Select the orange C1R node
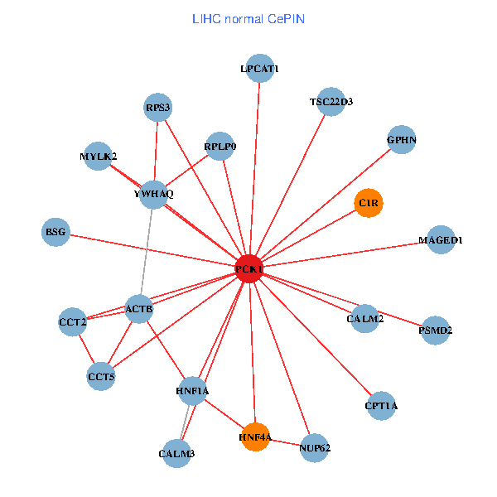tap(369, 202)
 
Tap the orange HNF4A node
tap(255, 437)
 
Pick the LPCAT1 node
tap(260, 70)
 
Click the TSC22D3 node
tap(331, 102)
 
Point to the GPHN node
tap(401, 140)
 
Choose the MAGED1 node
tap(441, 240)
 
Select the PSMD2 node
tap(436, 331)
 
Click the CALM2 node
tap(364, 318)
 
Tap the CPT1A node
tap(381, 406)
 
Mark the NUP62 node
tap(315, 448)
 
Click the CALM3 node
tap(176, 453)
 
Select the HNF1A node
tap(192, 390)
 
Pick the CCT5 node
tap(101, 377)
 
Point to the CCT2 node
tap(73, 321)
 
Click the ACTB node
tap(139, 310)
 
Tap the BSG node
tap(55, 231)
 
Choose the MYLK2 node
tap(99, 156)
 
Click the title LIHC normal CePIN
tap(248, 18)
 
